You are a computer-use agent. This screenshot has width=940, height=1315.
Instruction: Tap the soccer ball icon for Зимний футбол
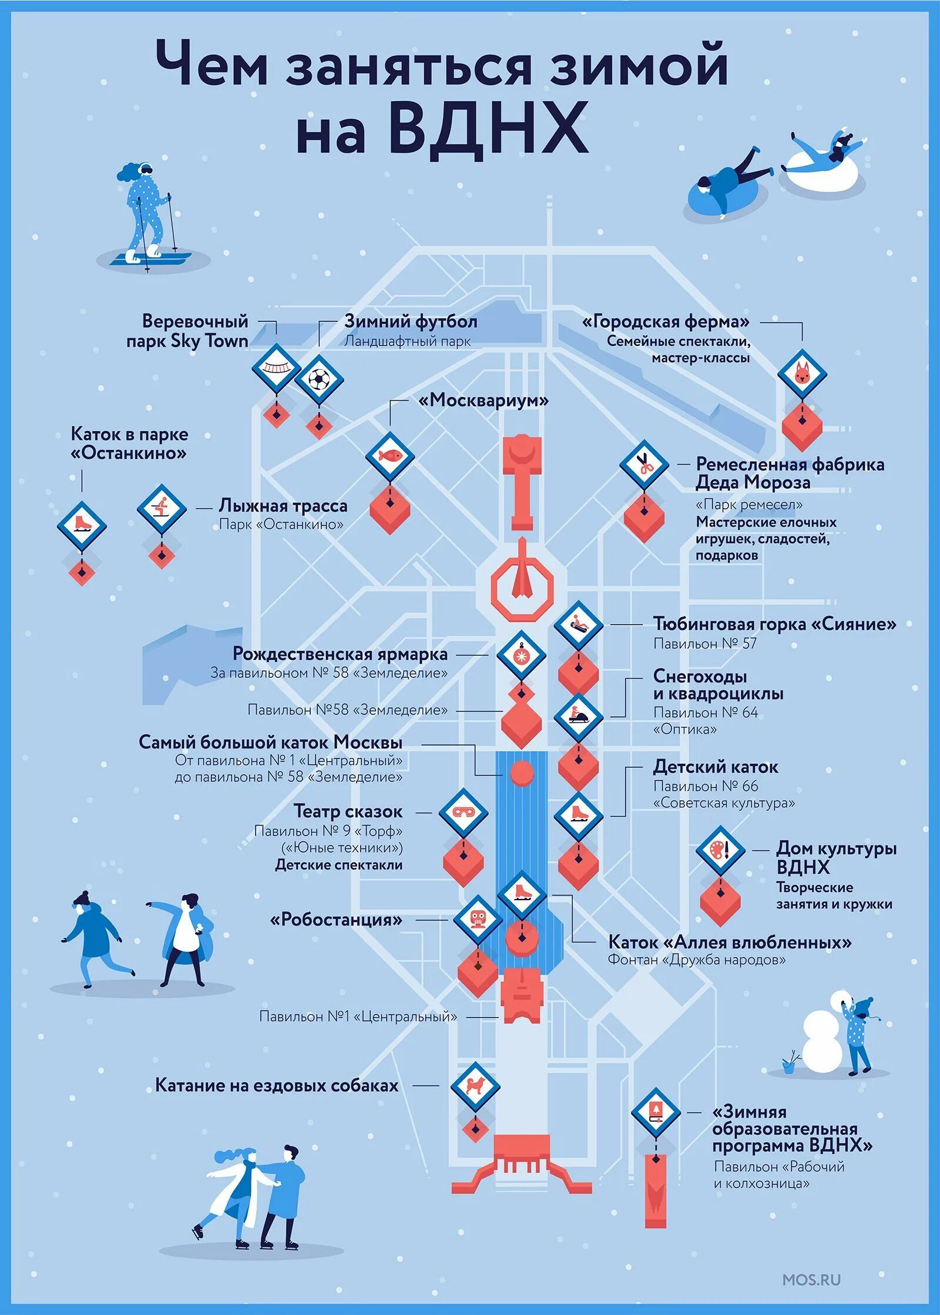[319, 379]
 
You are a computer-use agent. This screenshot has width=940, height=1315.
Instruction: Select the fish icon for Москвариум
[390, 456]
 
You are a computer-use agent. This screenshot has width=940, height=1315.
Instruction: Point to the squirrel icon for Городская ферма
[802, 373]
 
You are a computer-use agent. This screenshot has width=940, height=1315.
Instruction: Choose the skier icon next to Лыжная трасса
[162, 509]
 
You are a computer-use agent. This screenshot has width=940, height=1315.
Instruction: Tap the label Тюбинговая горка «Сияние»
[774, 624]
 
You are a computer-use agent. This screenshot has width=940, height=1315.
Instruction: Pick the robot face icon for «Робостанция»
[478, 920]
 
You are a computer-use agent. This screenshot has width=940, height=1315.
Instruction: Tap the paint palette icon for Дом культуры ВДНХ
[720, 850]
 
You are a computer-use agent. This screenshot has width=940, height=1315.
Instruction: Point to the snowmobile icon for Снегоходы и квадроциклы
[579, 717]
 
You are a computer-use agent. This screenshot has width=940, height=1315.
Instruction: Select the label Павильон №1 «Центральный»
[358, 1016]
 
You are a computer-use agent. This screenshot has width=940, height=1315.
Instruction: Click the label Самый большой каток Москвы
[270, 742]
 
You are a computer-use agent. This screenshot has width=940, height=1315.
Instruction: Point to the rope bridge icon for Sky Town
[276, 368]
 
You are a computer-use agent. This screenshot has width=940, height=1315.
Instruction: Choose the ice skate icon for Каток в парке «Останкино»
[82, 525]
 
